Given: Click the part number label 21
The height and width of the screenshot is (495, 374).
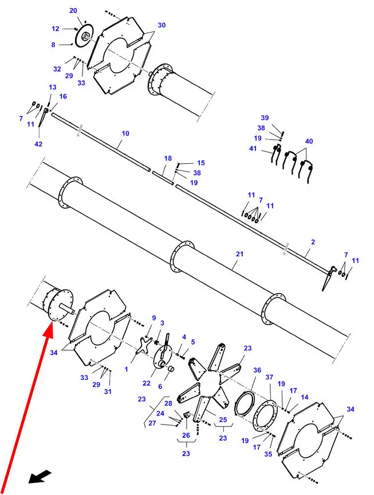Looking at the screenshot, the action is [x=240, y=254].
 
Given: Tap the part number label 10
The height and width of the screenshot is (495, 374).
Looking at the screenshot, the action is [x=125, y=133].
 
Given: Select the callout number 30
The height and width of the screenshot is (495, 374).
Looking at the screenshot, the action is [x=162, y=25].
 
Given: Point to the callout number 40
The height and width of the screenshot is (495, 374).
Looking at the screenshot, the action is [x=309, y=141].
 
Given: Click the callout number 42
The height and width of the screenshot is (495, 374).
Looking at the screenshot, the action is [x=38, y=144].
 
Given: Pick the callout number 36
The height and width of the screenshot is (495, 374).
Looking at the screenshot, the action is [x=257, y=370].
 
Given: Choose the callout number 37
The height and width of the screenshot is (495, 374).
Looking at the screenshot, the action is [x=269, y=377].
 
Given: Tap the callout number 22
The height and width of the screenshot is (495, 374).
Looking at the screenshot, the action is [x=146, y=383].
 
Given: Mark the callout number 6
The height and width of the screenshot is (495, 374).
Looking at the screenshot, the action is [x=160, y=386].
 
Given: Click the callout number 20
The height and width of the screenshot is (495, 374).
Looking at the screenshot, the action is [x=73, y=10].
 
